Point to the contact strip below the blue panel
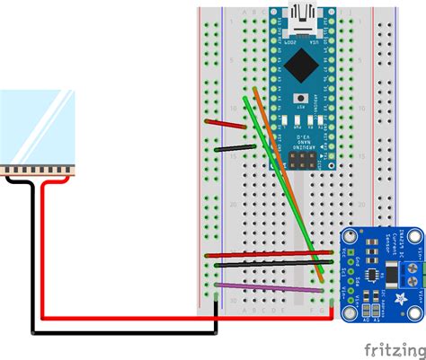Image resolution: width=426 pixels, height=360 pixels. pyautogui.click(x=37, y=171)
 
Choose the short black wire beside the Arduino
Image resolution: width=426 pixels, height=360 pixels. pyautogui.click(x=234, y=146)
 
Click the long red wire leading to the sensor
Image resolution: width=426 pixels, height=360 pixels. pyautogui.click(x=270, y=256)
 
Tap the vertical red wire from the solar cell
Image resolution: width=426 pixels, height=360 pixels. pyautogui.click(x=43, y=242)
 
